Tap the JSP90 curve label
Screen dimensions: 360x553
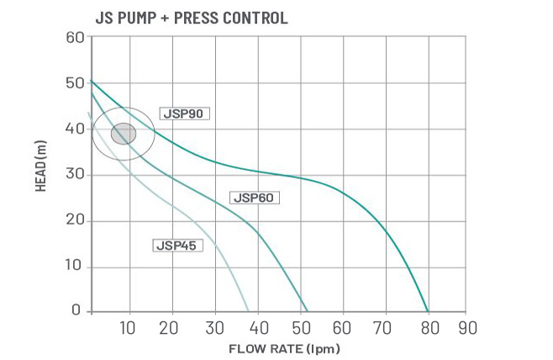[183, 114]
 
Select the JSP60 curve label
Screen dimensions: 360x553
[253, 199]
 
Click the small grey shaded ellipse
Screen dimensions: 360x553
[124, 133]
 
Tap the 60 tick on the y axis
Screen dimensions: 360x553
[74, 38]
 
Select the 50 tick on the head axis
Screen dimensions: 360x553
[74, 83]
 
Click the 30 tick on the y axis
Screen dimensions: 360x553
[74, 175]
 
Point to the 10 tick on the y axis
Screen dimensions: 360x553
[74, 267]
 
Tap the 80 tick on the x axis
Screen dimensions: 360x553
[428, 327]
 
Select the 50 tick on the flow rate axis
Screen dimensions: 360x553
[300, 327]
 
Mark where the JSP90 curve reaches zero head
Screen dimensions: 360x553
[428, 311]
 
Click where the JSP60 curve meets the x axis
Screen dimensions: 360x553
[307, 311]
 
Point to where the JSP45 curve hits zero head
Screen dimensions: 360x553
[248, 311]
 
